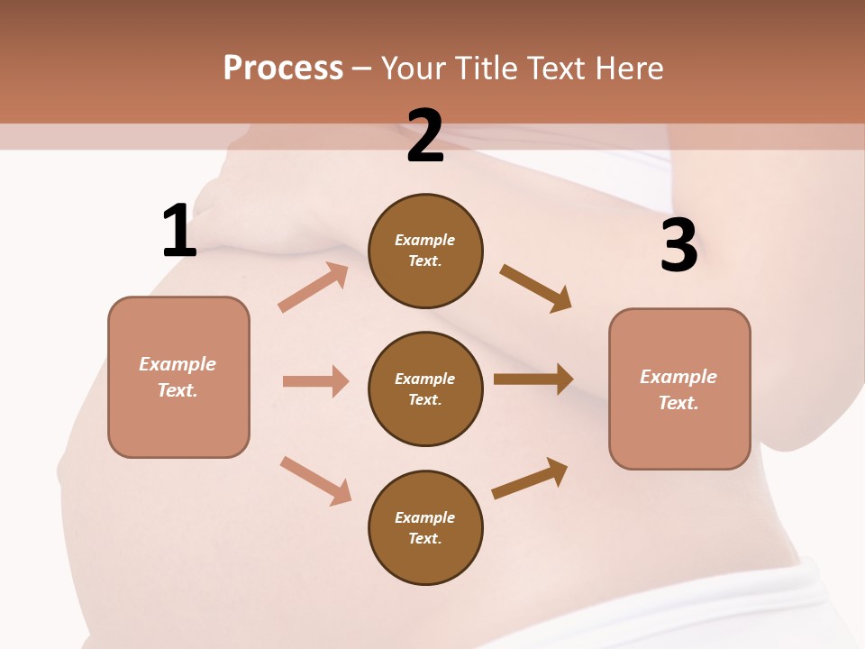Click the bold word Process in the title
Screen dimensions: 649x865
click(x=283, y=68)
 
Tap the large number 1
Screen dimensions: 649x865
click(x=179, y=232)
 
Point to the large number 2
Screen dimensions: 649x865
click(x=425, y=136)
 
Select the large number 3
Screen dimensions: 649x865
click(x=678, y=245)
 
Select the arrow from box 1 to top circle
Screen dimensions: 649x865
click(x=314, y=288)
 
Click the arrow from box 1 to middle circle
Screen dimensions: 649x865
click(x=315, y=381)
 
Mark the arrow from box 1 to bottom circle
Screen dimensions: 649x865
click(x=315, y=480)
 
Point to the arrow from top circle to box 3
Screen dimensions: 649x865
click(x=536, y=288)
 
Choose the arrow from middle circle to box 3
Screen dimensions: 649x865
click(x=533, y=379)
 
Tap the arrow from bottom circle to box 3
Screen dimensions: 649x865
click(x=530, y=479)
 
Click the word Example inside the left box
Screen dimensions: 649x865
click(x=178, y=364)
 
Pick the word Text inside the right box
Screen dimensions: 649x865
click(x=678, y=403)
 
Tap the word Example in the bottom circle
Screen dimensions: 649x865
click(x=425, y=517)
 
